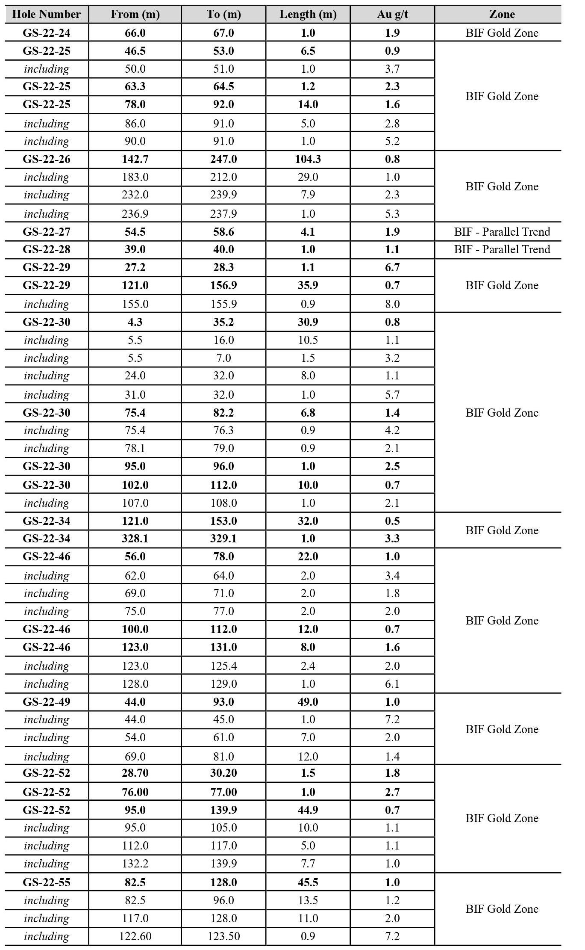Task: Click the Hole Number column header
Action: click(x=47, y=14)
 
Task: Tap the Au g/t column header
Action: click(x=392, y=14)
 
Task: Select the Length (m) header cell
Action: click(x=308, y=14)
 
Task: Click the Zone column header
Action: click(x=502, y=14)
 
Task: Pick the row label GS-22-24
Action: click(x=47, y=33)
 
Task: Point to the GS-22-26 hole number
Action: click(x=47, y=159)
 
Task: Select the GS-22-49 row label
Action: click(x=47, y=702)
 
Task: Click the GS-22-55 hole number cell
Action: click(x=47, y=882)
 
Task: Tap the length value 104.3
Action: click(x=308, y=159)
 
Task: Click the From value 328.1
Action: click(x=135, y=539)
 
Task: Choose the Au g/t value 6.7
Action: click(x=392, y=267)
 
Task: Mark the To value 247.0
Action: click(x=223, y=159)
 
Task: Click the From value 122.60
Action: click(x=135, y=936)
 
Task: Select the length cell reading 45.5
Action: click(x=308, y=882)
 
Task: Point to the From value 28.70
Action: click(x=135, y=773)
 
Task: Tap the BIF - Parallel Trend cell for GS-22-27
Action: click(x=502, y=232)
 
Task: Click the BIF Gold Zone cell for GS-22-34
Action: click(x=502, y=530)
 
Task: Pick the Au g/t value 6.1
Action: click(x=392, y=684)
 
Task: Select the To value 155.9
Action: click(x=223, y=304)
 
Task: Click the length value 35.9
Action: click(x=308, y=285)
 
